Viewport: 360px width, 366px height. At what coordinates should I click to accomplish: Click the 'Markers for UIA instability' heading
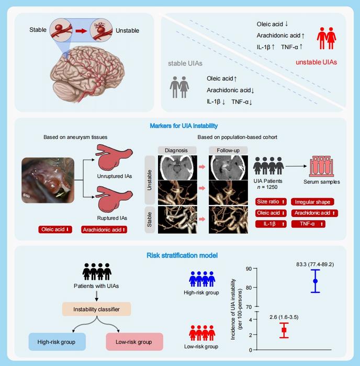(x=179, y=126)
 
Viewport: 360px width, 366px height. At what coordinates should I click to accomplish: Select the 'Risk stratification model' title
(x=179, y=256)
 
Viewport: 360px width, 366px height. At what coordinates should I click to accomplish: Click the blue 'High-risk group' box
(x=57, y=342)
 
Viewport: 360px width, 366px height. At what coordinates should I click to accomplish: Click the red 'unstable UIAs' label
(x=316, y=62)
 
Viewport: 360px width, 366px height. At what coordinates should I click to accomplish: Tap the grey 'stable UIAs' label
(x=185, y=63)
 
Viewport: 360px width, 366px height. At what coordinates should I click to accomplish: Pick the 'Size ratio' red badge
(x=270, y=202)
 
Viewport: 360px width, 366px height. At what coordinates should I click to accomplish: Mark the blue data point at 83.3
(x=316, y=281)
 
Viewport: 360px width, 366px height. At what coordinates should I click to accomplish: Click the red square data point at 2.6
(x=284, y=330)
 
